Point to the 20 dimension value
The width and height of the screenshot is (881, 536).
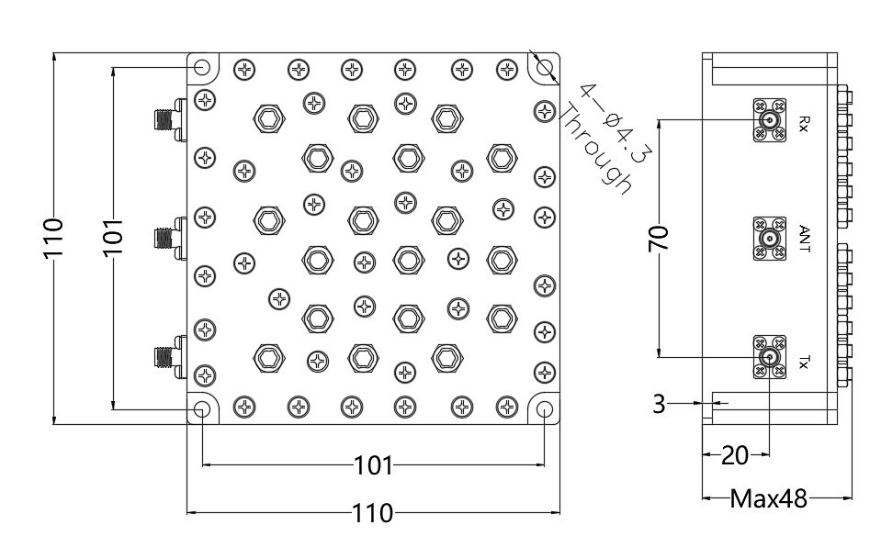735,453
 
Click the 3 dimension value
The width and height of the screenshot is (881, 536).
659,402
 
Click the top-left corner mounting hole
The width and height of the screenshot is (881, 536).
201,68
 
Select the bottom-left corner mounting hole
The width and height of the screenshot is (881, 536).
201,408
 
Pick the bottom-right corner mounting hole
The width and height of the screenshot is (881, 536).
545,408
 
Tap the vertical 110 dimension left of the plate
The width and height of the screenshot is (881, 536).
54,238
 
